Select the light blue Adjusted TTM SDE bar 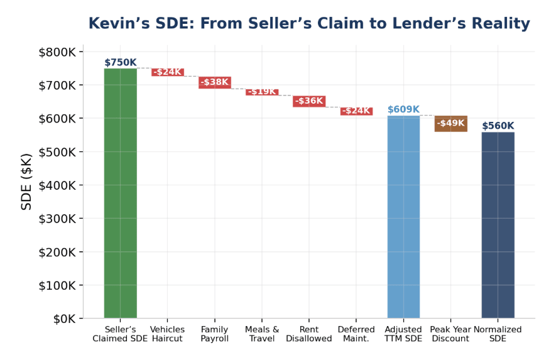[403, 217]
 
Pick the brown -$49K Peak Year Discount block [450, 123]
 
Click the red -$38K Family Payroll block [215, 82]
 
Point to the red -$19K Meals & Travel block [262, 92]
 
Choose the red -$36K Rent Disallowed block [309, 101]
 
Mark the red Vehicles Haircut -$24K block [168, 72]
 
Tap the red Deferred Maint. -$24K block [356, 111]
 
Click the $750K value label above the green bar [120, 62]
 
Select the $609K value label [403, 109]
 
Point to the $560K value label [498, 126]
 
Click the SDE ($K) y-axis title [26, 182]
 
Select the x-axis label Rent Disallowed [309, 334]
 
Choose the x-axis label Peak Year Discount [450, 334]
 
